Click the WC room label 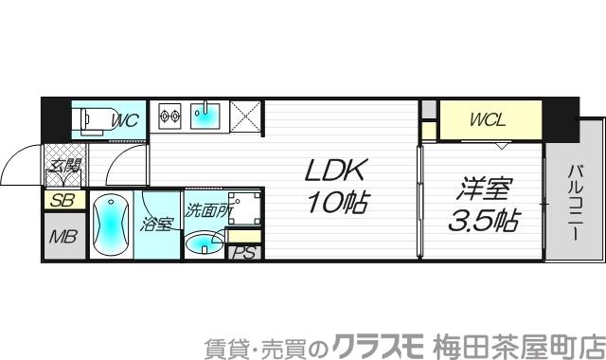coord(126,120)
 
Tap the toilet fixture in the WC coord(94,119)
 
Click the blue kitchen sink coord(205,117)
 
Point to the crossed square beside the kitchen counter coord(247,117)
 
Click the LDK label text coord(333,171)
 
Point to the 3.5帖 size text coord(482,223)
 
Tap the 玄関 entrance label coord(65,169)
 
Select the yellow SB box coord(62,200)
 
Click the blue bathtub coord(110,226)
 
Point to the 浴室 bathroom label coord(156,225)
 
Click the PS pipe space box coord(243,253)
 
